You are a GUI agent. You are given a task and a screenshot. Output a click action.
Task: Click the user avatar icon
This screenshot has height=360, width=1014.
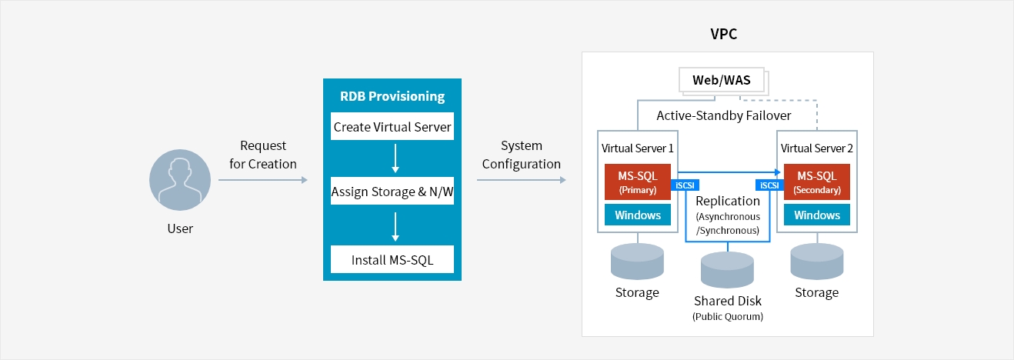[x=179, y=181]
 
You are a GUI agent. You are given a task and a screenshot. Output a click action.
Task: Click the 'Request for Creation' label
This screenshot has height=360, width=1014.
[x=262, y=155]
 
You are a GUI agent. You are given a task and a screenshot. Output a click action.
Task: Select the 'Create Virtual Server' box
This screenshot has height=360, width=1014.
[x=392, y=127]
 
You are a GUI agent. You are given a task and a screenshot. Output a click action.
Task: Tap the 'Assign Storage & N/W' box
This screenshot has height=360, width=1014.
[x=392, y=192]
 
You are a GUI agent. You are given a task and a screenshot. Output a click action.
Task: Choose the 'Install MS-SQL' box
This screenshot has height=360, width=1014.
[x=392, y=260]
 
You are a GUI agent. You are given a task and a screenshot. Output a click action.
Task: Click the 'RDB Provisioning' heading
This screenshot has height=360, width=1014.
[x=392, y=96]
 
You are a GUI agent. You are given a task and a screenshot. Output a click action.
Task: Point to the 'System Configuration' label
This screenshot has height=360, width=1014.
[x=521, y=155]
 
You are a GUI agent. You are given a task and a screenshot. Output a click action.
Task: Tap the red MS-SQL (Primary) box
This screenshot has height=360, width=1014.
[x=637, y=182]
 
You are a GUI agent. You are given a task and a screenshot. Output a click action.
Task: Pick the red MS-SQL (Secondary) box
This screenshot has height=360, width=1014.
[x=817, y=182]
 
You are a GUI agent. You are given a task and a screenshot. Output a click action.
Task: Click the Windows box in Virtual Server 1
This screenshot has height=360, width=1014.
[x=637, y=215]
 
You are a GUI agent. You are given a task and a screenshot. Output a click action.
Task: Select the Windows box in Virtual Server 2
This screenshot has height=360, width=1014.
[x=817, y=215]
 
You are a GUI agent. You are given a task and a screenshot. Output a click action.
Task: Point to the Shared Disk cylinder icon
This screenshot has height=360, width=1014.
[x=728, y=269]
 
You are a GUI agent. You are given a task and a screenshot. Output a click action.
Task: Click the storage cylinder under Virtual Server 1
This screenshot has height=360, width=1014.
[x=637, y=262]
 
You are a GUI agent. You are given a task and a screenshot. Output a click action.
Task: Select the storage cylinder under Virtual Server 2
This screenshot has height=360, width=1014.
[x=817, y=262]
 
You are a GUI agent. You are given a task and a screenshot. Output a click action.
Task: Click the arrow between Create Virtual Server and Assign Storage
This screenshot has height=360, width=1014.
[x=395, y=158]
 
